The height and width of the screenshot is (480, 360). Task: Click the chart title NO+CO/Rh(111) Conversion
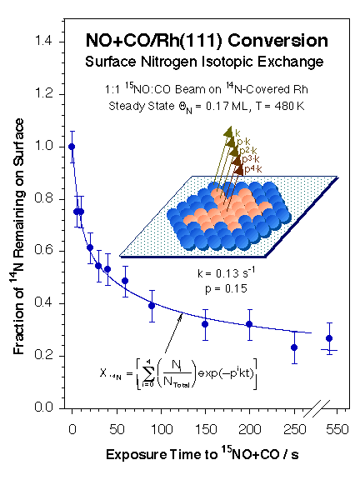207,41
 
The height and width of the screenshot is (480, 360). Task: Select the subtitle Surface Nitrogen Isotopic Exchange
207,62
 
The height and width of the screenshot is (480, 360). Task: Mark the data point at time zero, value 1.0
72,147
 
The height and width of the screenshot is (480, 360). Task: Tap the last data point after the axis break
329,338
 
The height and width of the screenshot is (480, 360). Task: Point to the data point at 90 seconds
152,305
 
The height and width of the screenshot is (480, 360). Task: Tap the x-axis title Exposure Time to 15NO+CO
200,457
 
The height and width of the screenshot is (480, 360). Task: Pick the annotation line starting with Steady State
207,105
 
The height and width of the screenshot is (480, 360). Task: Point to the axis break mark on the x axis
312,408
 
